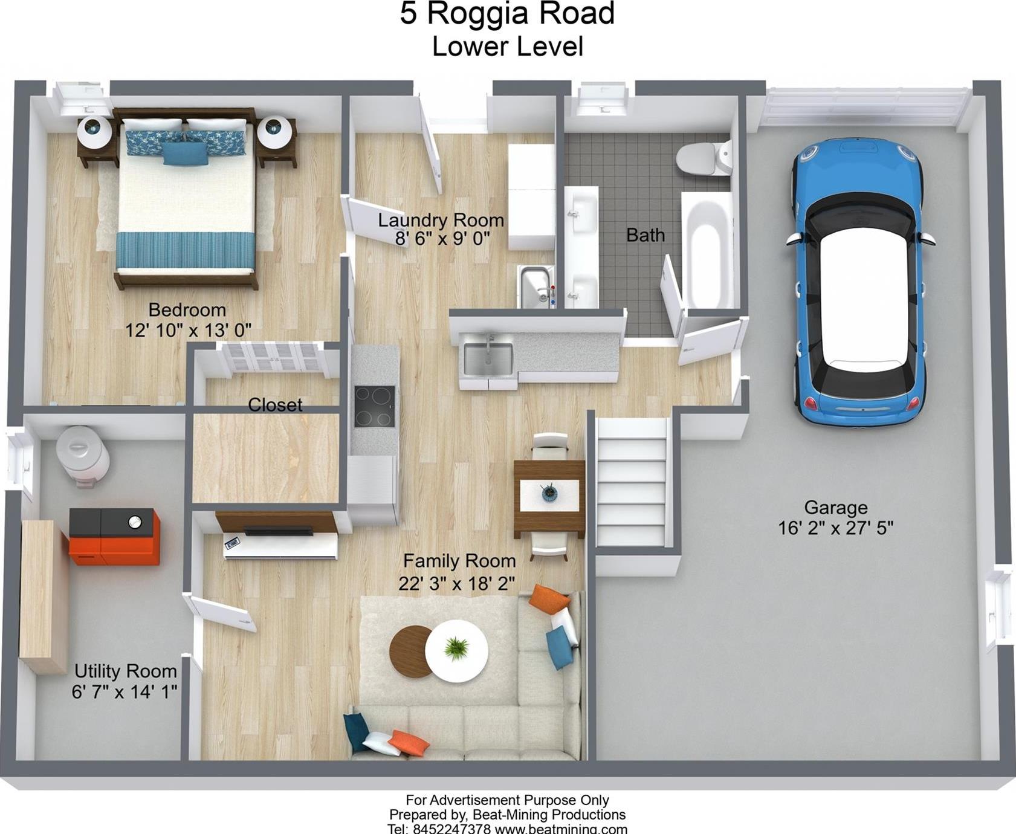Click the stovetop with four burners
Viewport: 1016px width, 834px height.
coord(375,406)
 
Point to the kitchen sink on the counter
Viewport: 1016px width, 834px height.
coord(488,359)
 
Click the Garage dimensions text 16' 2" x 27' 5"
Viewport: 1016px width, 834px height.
coord(835,528)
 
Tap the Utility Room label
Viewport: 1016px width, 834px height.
coord(125,671)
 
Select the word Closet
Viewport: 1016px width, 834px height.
coord(275,405)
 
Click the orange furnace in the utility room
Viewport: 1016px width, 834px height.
coord(115,536)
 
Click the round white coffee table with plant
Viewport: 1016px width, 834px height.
coord(456,650)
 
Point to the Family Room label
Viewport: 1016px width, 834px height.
coord(459,561)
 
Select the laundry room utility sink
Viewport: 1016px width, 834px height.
coord(536,287)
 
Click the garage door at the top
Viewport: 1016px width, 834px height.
coord(864,106)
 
